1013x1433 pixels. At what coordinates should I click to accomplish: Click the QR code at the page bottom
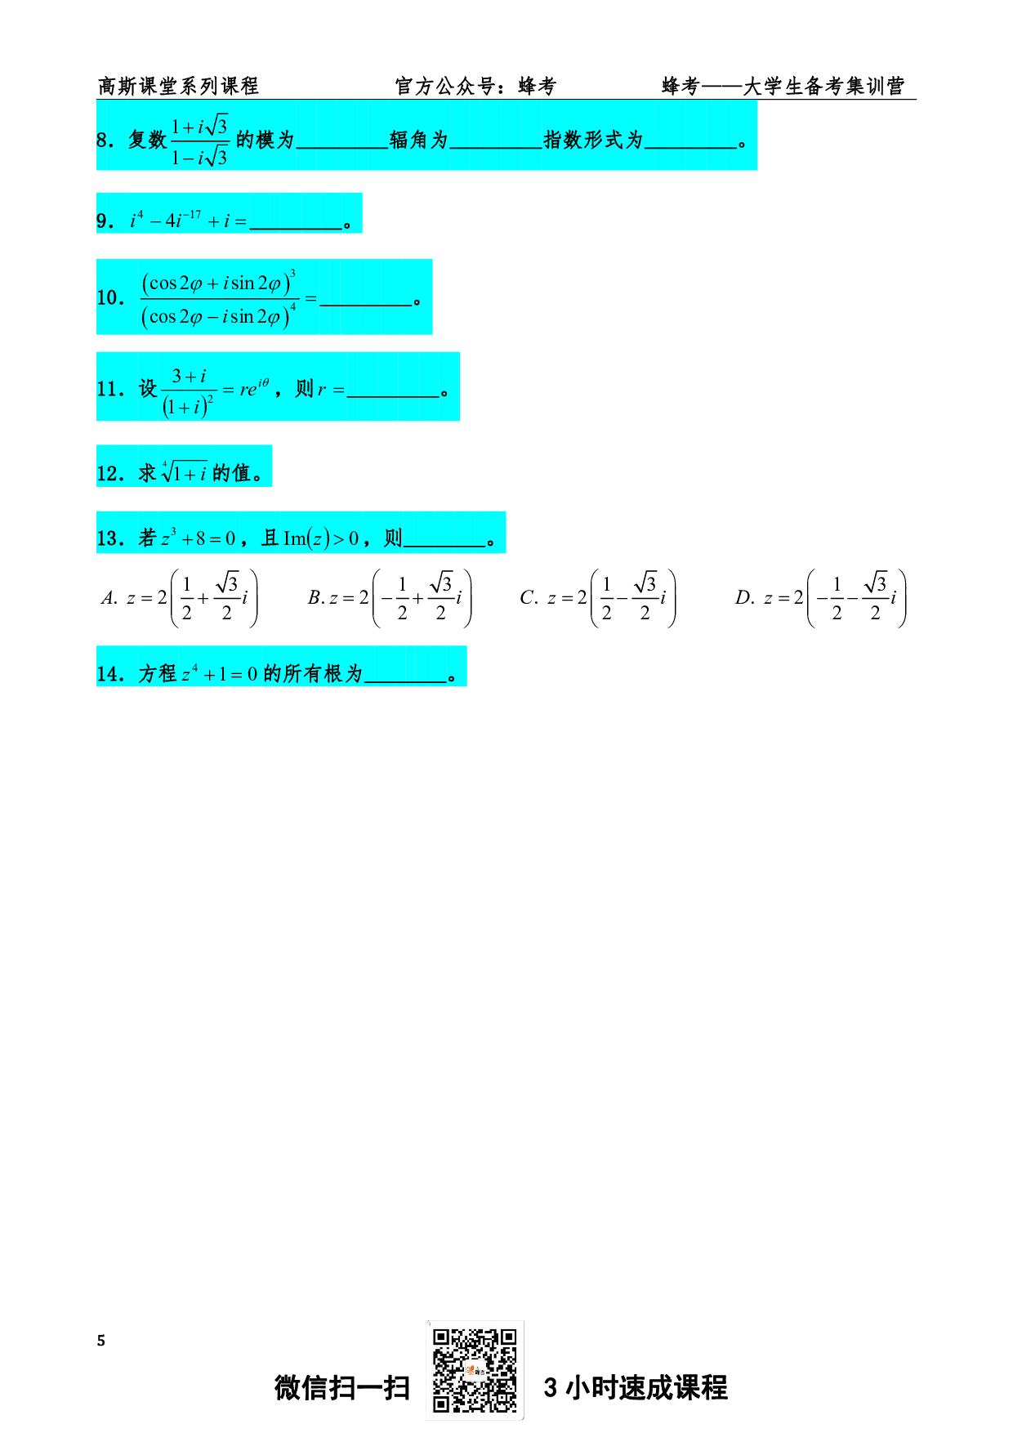click(x=475, y=1370)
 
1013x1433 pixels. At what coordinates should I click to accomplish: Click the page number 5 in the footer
click(x=101, y=1341)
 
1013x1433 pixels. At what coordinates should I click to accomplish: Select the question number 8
click(x=105, y=141)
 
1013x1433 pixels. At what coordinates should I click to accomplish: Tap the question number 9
click(x=105, y=221)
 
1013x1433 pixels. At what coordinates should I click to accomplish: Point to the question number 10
click(x=109, y=298)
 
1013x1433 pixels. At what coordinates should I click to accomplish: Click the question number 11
click(x=109, y=389)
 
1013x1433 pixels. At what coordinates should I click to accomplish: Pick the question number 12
click(x=109, y=474)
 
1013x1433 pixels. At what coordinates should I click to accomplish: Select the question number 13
click(x=109, y=538)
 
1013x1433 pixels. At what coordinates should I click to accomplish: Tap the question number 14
click(x=109, y=674)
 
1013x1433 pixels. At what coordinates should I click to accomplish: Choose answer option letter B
click(x=315, y=598)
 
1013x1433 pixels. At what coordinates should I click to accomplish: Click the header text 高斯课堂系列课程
click(x=178, y=86)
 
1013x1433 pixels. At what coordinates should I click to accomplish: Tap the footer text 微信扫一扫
click(x=341, y=1387)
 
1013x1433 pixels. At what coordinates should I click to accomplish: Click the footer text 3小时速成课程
click(x=636, y=1387)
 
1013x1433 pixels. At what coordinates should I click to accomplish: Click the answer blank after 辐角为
click(x=496, y=142)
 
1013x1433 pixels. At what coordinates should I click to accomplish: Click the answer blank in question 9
click(x=296, y=223)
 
